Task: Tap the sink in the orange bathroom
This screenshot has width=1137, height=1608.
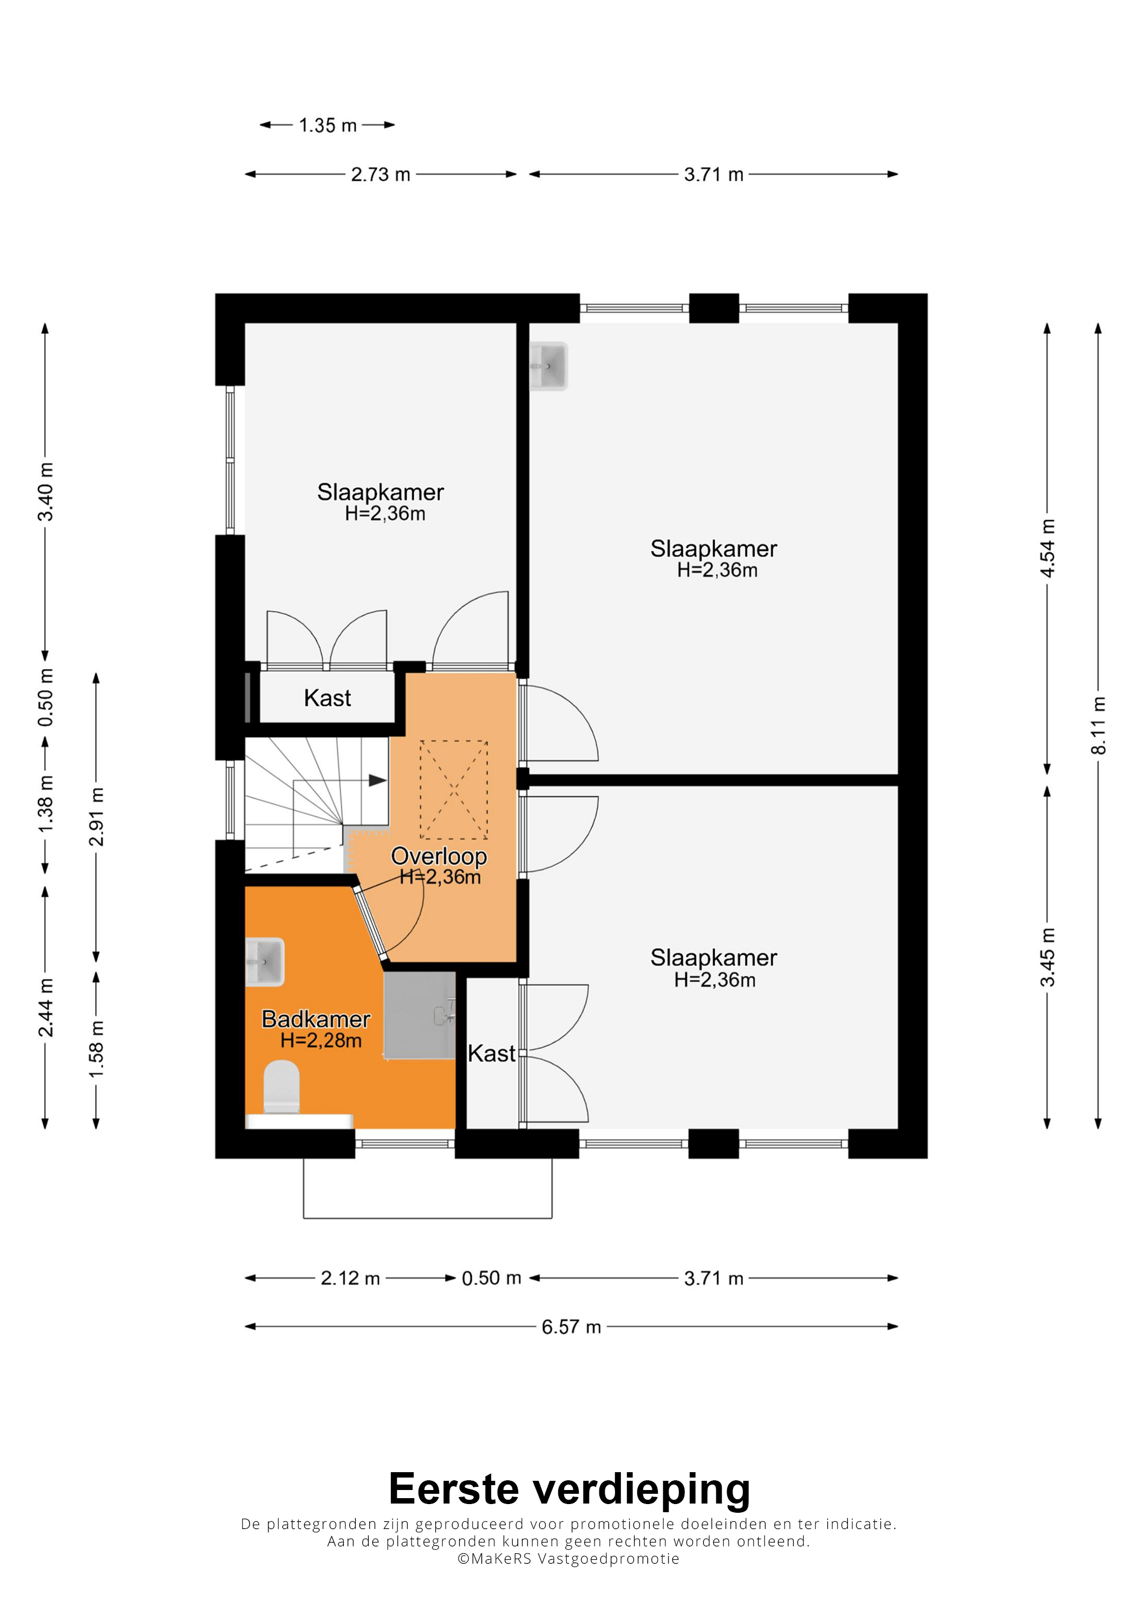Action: [265, 962]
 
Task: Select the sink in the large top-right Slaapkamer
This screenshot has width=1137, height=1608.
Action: [548, 365]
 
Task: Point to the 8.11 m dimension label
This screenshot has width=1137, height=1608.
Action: [1099, 726]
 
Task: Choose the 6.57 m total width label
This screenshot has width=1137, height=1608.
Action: [571, 1327]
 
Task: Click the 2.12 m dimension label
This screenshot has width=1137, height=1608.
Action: [350, 1278]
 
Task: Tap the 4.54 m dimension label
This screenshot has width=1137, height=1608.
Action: [1047, 548]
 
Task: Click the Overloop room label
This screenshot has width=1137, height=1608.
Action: [439, 856]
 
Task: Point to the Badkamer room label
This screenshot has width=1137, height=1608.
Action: [316, 1019]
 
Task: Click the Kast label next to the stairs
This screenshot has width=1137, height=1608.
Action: [327, 698]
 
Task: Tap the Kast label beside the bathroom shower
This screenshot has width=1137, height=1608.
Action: [491, 1053]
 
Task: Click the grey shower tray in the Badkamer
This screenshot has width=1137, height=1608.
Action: [420, 1015]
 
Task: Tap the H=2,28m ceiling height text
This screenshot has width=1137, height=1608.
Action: [321, 1041]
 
